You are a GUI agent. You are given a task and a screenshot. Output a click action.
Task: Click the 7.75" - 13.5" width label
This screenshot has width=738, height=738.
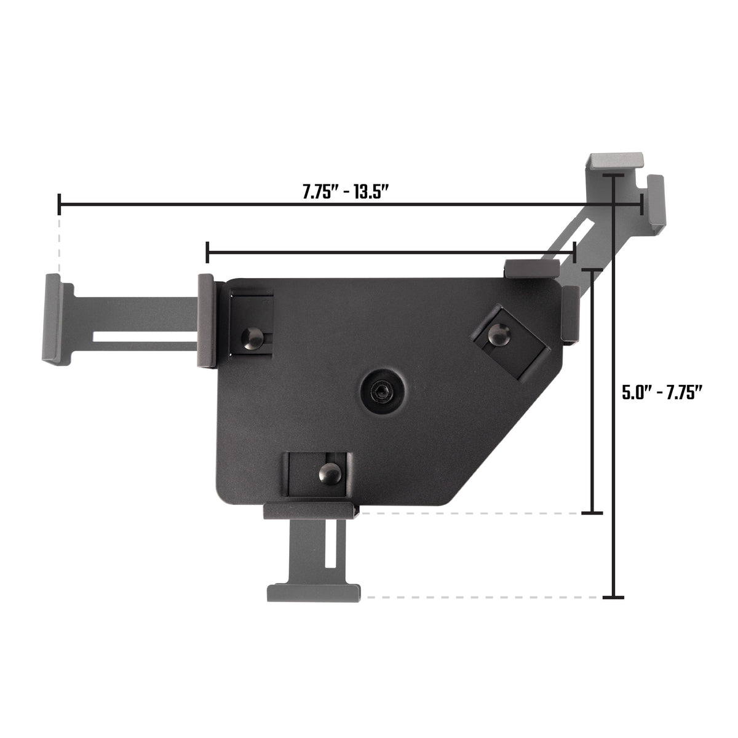(346, 191)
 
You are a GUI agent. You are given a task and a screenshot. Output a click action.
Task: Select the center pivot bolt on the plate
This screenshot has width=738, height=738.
(383, 390)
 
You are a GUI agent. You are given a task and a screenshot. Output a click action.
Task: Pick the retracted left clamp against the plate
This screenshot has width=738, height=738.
(206, 320)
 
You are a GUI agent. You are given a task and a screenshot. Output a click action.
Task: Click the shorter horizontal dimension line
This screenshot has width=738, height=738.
(391, 252)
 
